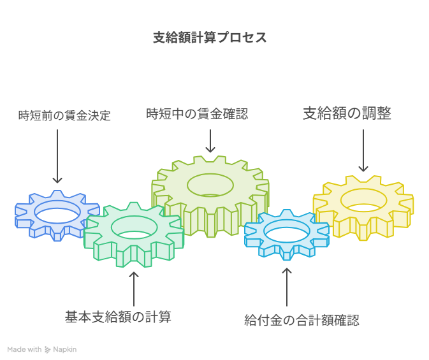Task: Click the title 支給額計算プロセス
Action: (x=210, y=38)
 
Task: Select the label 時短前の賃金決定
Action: (x=64, y=115)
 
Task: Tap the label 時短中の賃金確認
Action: (x=197, y=114)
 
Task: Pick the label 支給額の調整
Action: (x=347, y=113)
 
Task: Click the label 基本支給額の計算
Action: (x=118, y=317)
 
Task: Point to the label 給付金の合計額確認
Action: (x=302, y=320)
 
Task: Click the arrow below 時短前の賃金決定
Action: (x=57, y=156)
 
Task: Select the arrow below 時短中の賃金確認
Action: (x=210, y=141)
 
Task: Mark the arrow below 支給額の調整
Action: (x=363, y=150)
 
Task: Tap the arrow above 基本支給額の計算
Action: (x=134, y=289)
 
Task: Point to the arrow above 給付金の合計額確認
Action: (x=287, y=287)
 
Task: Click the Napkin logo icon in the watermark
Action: (x=47, y=350)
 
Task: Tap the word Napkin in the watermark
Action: (x=65, y=350)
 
